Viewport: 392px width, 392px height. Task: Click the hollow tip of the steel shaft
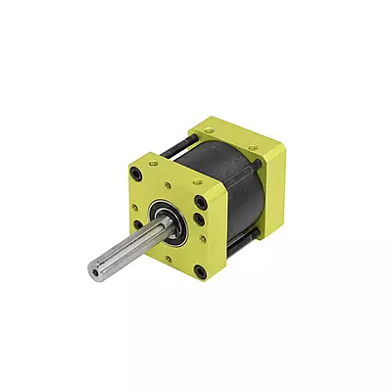95,268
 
